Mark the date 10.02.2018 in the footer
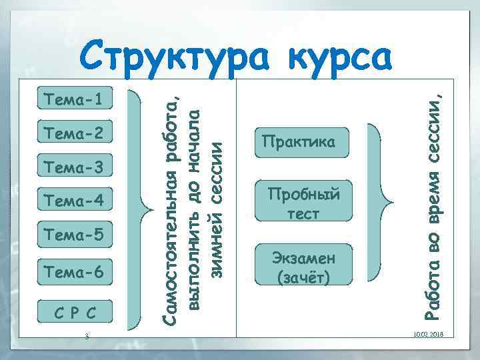[432, 334]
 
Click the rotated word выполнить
[195, 274]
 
